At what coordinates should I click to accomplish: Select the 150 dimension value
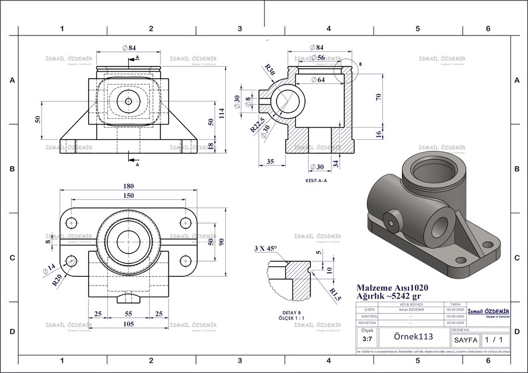point(127,196)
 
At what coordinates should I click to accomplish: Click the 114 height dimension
point(221,113)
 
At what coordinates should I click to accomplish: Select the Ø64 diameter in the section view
point(318,80)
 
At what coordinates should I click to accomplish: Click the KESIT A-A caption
point(316,181)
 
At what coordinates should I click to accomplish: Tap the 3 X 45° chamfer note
point(266,248)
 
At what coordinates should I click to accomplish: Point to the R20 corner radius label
point(57,281)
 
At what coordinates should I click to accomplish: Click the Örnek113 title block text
point(412,337)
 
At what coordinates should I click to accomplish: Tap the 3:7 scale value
point(367,339)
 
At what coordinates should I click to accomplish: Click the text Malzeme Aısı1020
point(390,287)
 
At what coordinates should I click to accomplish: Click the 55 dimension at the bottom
point(128,314)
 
